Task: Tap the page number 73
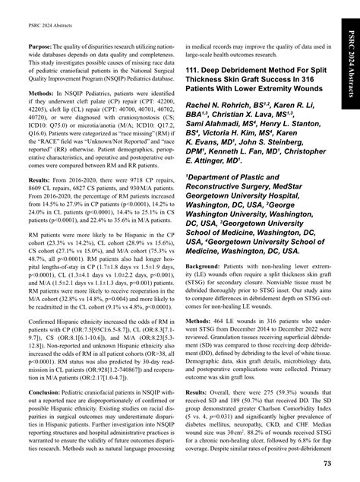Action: point(326,463)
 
